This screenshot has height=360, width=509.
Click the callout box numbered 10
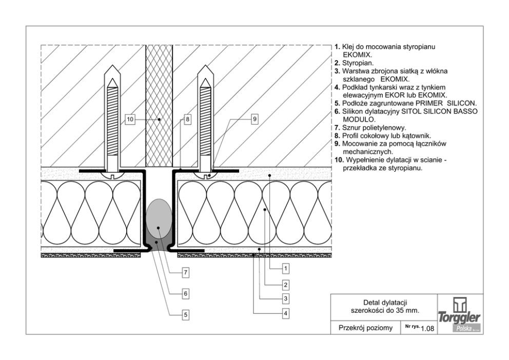[129, 119]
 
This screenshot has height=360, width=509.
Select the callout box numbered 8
[187, 119]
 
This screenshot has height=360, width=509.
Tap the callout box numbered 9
[254, 119]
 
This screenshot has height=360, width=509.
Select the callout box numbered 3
[286, 297]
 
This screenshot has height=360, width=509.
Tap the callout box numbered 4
[286, 312]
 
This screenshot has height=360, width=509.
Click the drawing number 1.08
[427, 329]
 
